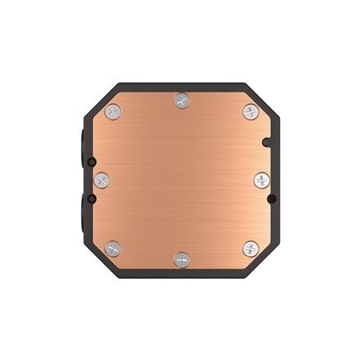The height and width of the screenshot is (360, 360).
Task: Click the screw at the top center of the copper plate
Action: click(181, 100)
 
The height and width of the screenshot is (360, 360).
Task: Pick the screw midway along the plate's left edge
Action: click(101, 178)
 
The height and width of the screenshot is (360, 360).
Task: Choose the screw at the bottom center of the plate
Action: click(181, 259)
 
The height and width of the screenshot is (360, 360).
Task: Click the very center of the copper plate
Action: click(181, 179)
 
